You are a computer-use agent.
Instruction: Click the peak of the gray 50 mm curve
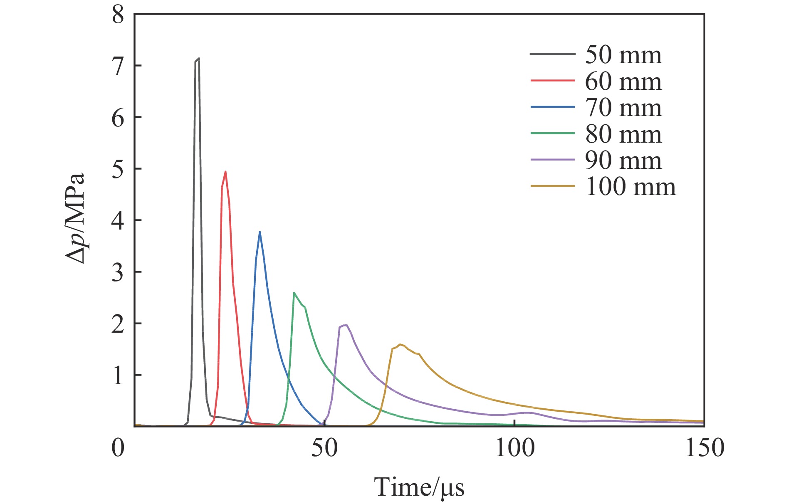(x=199, y=58)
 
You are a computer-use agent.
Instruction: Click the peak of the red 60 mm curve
(x=225, y=171)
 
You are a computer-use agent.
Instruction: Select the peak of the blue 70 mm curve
(x=260, y=232)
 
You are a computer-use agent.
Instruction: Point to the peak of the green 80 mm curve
(x=294, y=292)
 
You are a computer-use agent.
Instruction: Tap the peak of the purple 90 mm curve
(x=346, y=325)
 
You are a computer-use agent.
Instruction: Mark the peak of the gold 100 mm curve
(x=400, y=344)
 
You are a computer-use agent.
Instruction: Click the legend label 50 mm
(x=623, y=55)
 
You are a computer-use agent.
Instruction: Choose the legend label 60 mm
(x=623, y=81)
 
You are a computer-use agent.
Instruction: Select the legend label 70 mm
(x=623, y=108)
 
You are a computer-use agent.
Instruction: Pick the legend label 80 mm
(x=623, y=134)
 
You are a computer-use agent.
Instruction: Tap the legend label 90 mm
(x=623, y=160)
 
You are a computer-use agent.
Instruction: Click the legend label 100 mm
(x=630, y=187)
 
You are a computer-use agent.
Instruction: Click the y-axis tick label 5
(x=118, y=169)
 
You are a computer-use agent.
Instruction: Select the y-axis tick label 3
(x=118, y=272)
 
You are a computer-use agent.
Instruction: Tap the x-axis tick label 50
(x=324, y=448)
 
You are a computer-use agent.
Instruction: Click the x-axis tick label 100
(x=514, y=448)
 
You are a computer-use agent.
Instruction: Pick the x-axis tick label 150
(x=704, y=448)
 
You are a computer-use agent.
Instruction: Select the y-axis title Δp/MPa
(x=75, y=218)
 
